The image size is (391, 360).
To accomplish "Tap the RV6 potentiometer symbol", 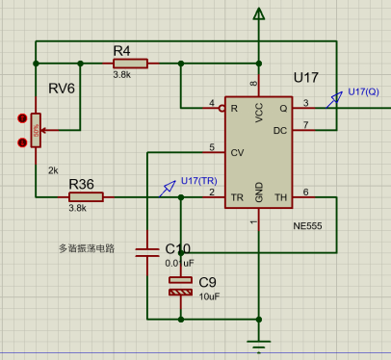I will point(37,130).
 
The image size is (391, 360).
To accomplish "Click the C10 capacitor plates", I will point(146,253).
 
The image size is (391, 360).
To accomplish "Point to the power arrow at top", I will point(258,13).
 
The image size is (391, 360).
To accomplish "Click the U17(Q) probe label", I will point(363,91).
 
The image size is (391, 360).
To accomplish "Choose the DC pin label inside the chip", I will point(279,129).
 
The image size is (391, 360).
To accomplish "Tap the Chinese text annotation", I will point(86,247).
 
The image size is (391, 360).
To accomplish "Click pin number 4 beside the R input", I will point(211,103).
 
